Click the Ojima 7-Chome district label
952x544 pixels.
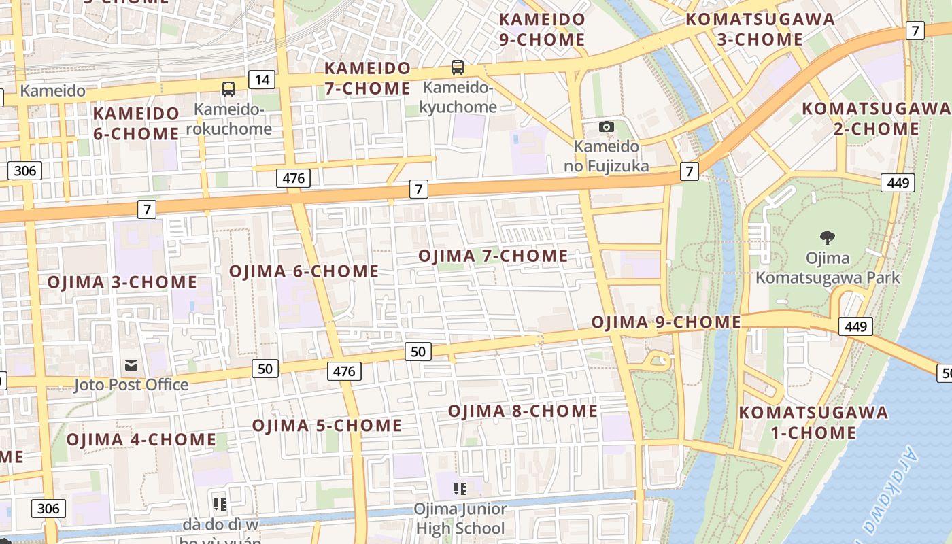[493, 256]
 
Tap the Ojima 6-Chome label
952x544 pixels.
[304, 271]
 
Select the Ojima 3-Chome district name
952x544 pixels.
[122, 282]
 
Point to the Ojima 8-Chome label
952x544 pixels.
[523, 411]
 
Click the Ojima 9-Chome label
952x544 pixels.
[666, 322]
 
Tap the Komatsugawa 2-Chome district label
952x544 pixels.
[877, 118]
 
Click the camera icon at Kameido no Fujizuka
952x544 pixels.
[607, 127]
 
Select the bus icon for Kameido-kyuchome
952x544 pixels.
[458, 67]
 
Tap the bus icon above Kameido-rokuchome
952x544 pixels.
[228, 88]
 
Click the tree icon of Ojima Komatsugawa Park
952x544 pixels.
[828, 238]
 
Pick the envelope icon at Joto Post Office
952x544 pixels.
[131, 366]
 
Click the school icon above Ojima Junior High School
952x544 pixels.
[460, 488]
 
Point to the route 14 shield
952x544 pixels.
[262, 80]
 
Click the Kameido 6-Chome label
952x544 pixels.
[136, 123]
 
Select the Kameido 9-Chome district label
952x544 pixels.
[542, 29]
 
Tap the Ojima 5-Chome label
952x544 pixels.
[327, 426]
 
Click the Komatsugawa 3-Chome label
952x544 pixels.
[760, 29]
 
